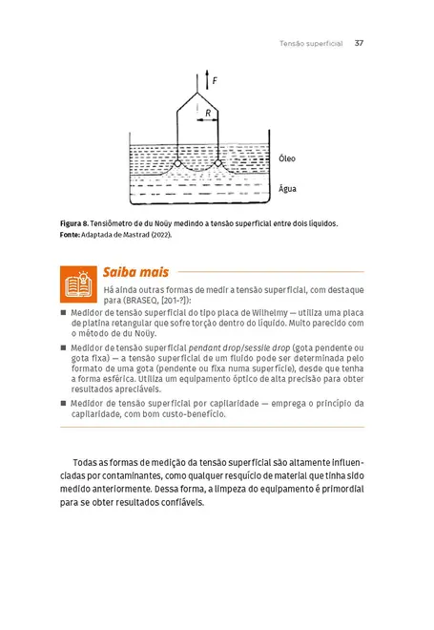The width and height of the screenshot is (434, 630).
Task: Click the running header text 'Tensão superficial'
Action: (x=311, y=43)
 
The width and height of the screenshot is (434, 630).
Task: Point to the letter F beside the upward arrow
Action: (x=215, y=82)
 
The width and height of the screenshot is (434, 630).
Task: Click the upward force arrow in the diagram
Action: (x=205, y=80)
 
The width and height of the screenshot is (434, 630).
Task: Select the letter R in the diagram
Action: (x=208, y=113)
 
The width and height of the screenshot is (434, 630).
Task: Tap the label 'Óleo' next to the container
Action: (x=287, y=158)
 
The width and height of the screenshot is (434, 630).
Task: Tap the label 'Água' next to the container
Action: (x=287, y=188)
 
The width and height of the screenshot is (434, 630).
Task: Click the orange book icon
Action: (x=75, y=283)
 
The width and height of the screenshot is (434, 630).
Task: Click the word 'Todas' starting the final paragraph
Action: (x=87, y=461)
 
